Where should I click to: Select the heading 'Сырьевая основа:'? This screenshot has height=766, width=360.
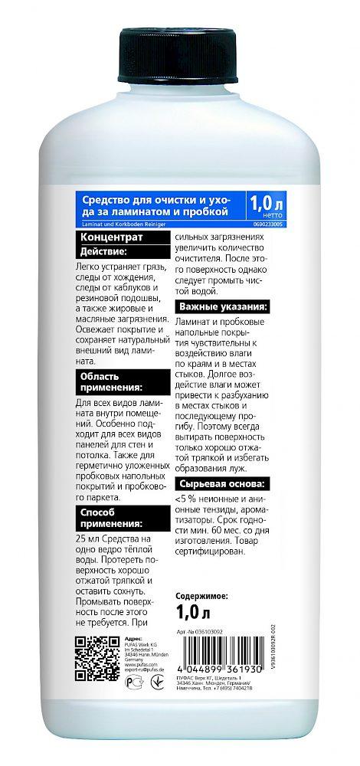point(222,485)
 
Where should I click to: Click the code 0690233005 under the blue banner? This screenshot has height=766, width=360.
point(265,224)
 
